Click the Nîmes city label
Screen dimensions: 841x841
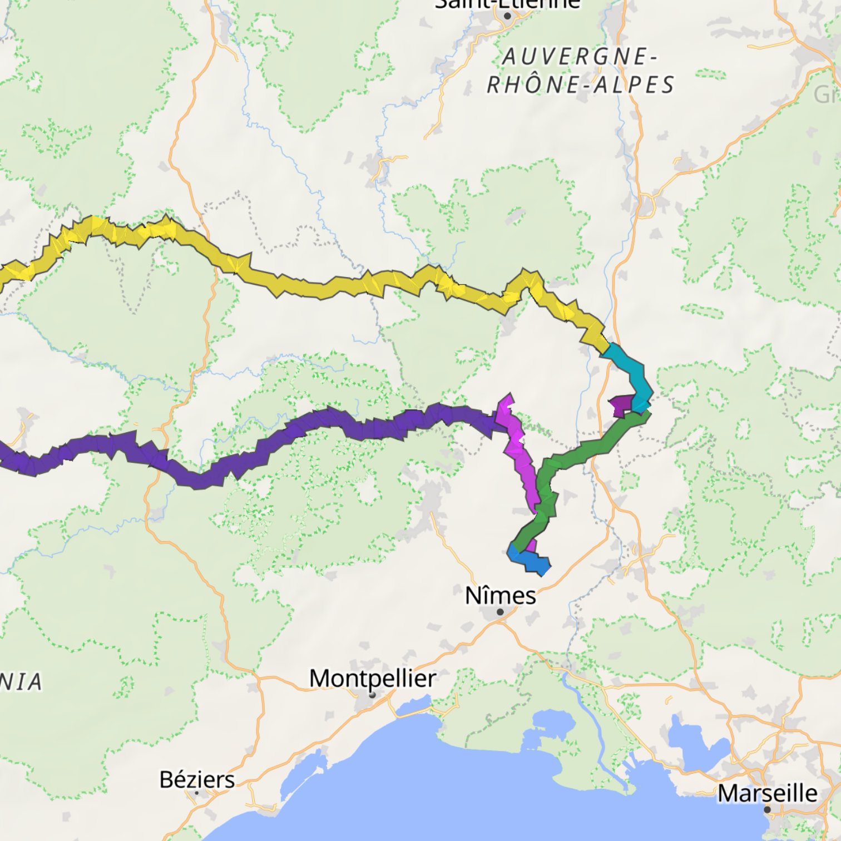tap(500, 596)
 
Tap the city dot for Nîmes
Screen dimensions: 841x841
tap(500, 612)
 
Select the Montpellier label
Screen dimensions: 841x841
tap(373, 678)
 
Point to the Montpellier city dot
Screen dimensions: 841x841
tap(373, 695)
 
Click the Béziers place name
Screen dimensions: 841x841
tap(197, 779)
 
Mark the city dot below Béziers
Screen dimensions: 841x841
tap(196, 793)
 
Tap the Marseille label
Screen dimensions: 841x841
tap(767, 793)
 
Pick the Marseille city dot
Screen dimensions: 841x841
tap(768, 809)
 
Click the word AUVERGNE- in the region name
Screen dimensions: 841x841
tap(580, 57)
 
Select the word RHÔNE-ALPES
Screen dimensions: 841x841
tap(580, 85)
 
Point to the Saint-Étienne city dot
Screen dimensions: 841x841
tap(507, 16)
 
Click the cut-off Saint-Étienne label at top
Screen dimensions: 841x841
tap(507, 4)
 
